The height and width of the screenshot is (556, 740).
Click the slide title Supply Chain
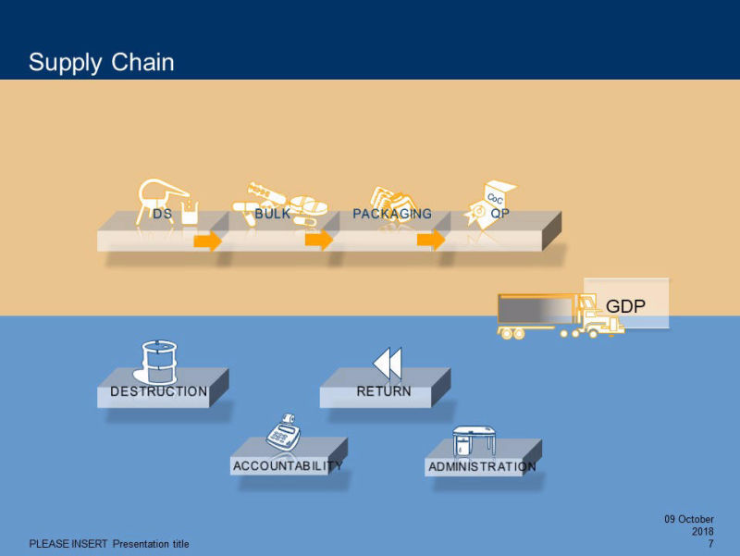click(101, 62)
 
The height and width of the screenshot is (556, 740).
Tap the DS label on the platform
click(163, 214)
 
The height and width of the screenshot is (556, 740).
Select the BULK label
click(272, 214)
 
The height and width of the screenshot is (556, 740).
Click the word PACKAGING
click(392, 214)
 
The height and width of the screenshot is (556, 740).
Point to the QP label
click(500, 214)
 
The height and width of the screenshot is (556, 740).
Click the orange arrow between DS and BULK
click(208, 241)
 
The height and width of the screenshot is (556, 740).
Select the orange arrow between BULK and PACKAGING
click(319, 241)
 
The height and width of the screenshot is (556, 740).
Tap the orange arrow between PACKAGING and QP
click(431, 241)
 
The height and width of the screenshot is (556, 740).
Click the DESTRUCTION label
click(159, 391)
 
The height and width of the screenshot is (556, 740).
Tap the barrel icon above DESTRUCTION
click(158, 362)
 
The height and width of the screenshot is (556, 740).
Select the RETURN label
click(384, 391)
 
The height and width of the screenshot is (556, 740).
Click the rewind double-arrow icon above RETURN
click(388, 363)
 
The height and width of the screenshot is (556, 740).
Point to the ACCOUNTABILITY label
click(288, 466)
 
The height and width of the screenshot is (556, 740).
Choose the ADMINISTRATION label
click(482, 467)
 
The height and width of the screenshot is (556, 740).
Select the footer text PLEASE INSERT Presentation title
click(109, 544)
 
